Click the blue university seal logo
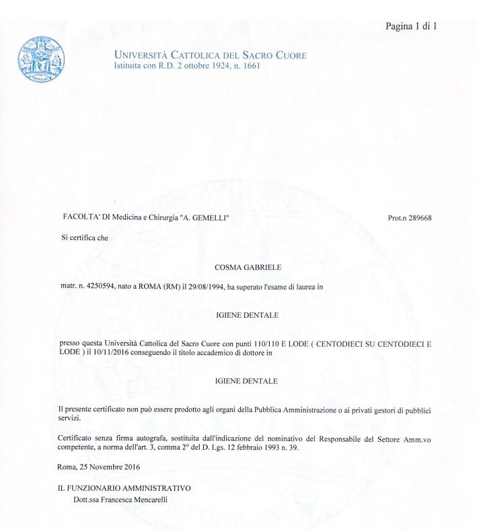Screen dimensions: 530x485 point(42,59)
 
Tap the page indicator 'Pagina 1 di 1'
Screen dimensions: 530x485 point(412,27)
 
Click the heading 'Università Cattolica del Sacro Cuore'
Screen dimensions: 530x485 point(211,55)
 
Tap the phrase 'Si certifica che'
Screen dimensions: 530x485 point(84,237)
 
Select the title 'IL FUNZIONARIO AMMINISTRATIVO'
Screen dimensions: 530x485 point(125,488)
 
